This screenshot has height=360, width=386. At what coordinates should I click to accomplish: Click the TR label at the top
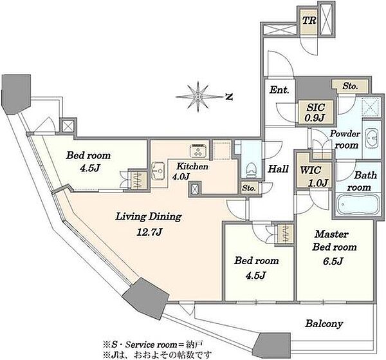(x=309, y=21)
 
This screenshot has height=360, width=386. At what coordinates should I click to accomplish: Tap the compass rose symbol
(x=198, y=97)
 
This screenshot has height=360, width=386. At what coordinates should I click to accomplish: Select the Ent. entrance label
(x=279, y=90)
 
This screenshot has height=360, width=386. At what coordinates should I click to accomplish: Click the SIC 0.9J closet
(x=315, y=113)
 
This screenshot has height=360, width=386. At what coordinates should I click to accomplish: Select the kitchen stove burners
(x=199, y=150)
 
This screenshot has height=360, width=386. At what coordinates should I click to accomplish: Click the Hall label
(x=278, y=169)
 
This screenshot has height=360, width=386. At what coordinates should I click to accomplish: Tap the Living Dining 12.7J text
(x=149, y=224)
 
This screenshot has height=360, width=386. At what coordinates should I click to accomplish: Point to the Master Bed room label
(x=334, y=240)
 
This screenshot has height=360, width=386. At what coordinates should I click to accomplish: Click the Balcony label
(x=324, y=324)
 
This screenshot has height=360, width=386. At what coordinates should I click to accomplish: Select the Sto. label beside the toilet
(x=248, y=188)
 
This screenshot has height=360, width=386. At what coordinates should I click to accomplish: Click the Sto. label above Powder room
(x=350, y=86)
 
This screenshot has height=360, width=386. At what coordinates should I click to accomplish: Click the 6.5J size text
(x=333, y=261)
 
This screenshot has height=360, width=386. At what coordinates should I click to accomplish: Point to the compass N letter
(x=229, y=97)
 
